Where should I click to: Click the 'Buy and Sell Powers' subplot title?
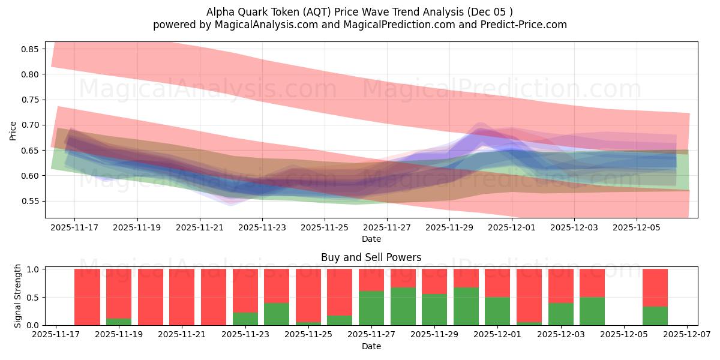(x=371, y=257)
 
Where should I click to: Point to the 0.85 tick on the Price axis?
(x=29, y=49)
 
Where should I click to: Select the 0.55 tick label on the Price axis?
(x=29, y=201)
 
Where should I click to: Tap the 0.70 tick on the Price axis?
(x=29, y=125)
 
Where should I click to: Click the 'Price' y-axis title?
(x=13, y=130)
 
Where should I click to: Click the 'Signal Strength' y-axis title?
(x=18, y=296)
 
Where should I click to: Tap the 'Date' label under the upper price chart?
(x=371, y=239)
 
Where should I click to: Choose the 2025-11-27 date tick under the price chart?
(x=387, y=227)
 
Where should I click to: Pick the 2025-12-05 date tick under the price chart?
(x=637, y=227)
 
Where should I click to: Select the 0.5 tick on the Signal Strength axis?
(x=34, y=297)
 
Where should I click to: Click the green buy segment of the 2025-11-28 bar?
(x=403, y=306)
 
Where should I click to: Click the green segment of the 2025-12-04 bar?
(x=592, y=311)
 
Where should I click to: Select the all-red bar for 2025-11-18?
(x=87, y=297)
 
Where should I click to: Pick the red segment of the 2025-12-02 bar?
(x=529, y=295)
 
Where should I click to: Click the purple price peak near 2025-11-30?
(x=481, y=126)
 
